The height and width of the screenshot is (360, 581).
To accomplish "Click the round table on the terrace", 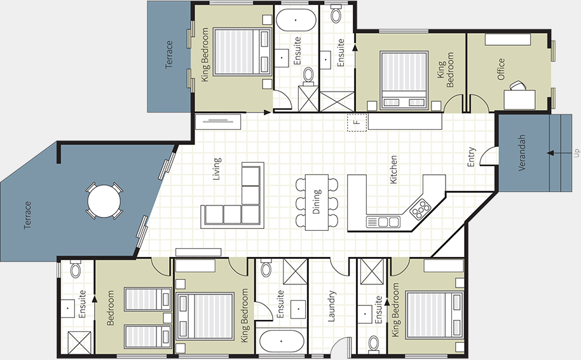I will click(104, 201).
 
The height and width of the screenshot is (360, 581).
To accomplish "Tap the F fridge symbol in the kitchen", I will click(357, 122).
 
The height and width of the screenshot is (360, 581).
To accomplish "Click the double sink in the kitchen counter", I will click(383, 222).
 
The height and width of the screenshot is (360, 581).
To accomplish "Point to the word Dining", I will click(317, 201).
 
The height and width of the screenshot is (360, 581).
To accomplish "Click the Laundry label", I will click(332, 307).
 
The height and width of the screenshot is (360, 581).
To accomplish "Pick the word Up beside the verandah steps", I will click(577, 153).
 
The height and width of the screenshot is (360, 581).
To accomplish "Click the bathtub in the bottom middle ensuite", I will click(282, 340).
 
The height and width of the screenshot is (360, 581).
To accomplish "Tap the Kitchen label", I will click(393, 170).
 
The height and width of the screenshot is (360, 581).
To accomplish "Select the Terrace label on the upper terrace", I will click(169, 55).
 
